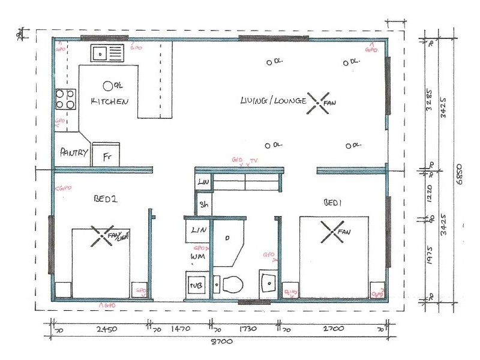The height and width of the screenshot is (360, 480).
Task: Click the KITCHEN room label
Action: pyautogui.click(x=109, y=101)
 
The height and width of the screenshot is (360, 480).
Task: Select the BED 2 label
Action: pyautogui.click(x=105, y=199)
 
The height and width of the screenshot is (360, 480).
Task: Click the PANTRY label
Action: pyautogui.click(x=74, y=152)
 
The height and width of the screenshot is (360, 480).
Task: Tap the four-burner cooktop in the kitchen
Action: pyautogui.click(x=65, y=99)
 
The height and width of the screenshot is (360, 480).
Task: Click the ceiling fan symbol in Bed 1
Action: pyautogui.click(x=332, y=232)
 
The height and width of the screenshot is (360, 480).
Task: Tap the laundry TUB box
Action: pyautogui.click(x=196, y=286)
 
